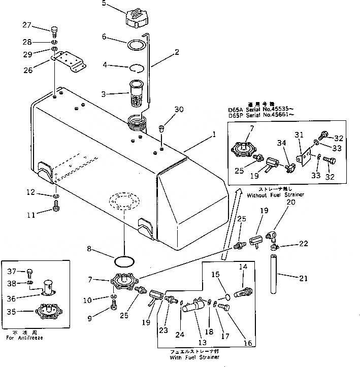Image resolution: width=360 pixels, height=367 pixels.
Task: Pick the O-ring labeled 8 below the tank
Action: pyautogui.click(x=125, y=261)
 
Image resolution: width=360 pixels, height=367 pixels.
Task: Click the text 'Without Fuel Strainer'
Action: pyautogui.click(x=272, y=194)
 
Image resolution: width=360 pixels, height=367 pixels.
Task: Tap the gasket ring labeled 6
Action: pyautogui.click(x=135, y=44)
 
